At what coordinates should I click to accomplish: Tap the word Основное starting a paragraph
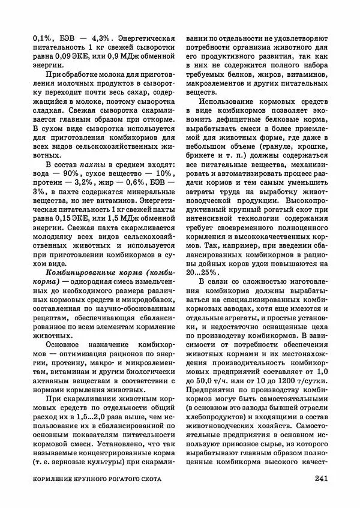point(62,346)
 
